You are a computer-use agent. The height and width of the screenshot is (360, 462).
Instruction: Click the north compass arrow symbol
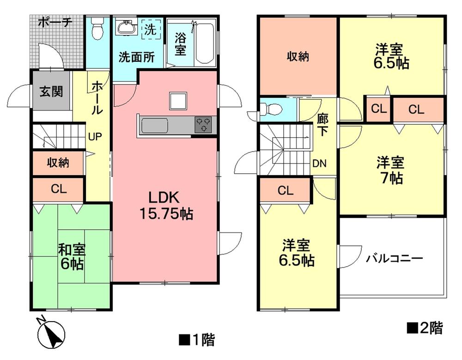pos(53,332)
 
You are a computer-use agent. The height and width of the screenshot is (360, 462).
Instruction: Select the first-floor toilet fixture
pos(97,28)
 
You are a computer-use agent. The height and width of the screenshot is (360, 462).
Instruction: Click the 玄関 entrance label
pos(51,91)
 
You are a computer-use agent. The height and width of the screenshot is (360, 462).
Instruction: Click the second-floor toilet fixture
pos(271,110)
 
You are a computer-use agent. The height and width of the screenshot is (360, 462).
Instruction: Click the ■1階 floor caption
pos(196,341)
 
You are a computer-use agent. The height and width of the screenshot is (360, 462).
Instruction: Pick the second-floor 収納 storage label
pos(298,57)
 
